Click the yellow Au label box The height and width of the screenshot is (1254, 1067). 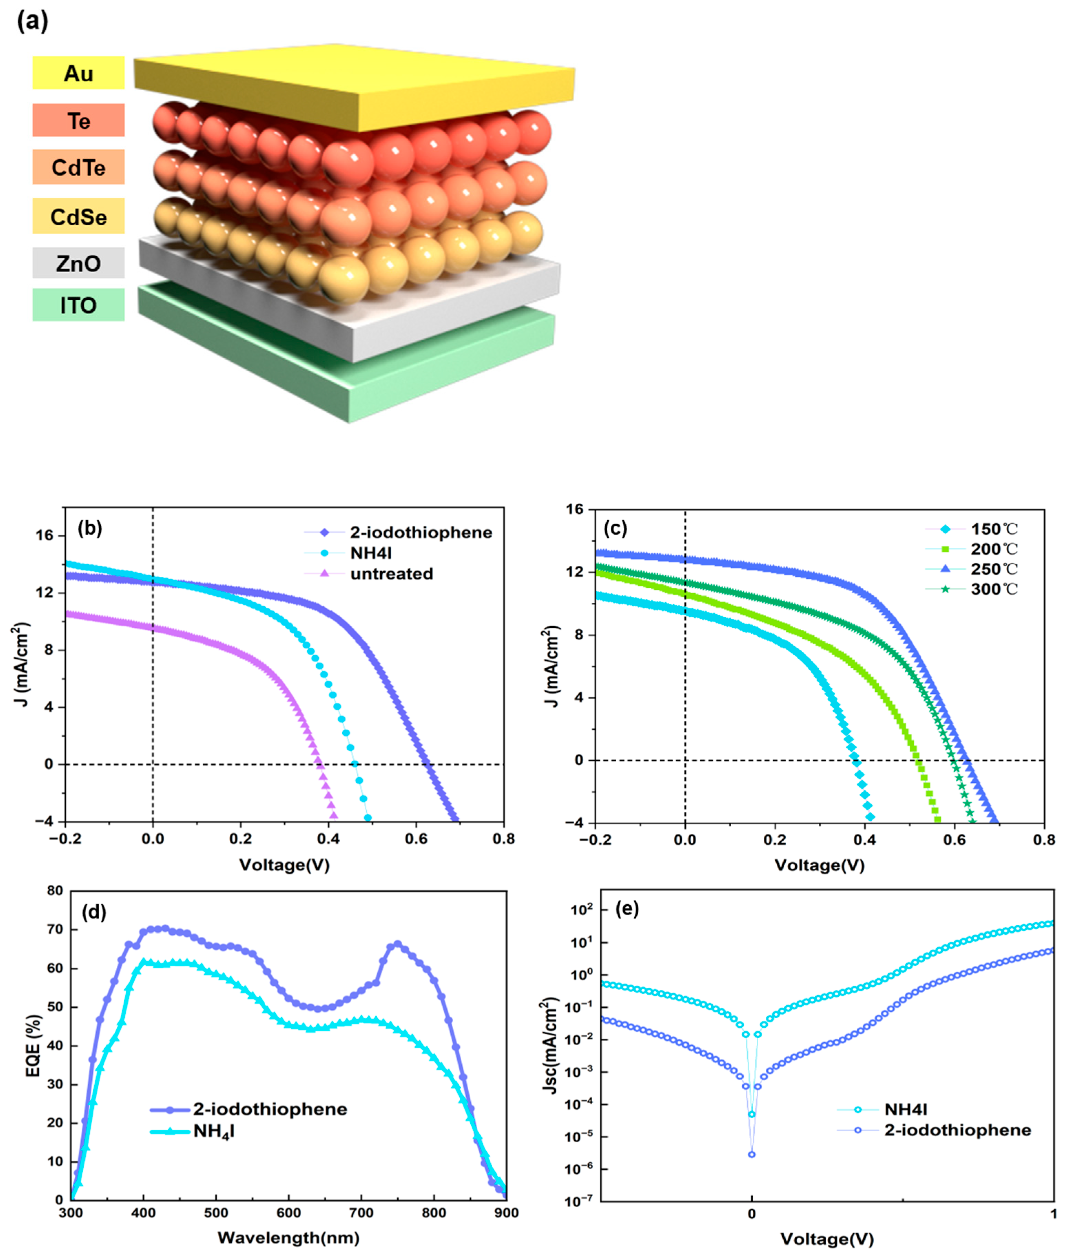click(79, 73)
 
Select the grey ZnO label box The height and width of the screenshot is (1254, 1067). click(79, 263)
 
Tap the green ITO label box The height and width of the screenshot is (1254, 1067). click(79, 305)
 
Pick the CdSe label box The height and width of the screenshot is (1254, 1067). click(79, 216)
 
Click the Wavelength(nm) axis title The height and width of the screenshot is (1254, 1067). click(289, 1238)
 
